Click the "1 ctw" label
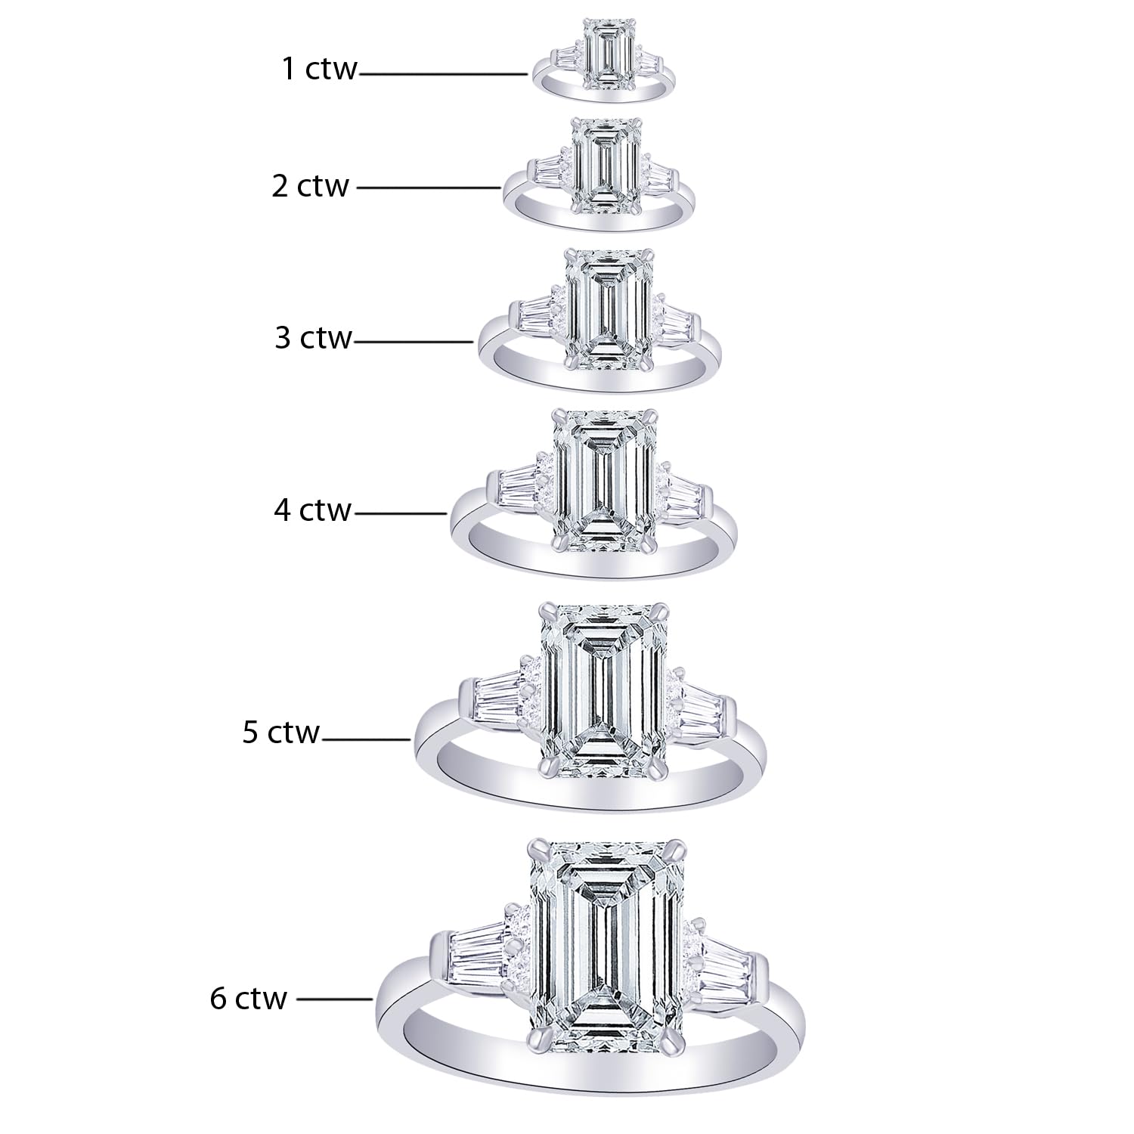tap(319, 69)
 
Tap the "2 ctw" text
tap(311, 186)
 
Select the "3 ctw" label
tap(313, 337)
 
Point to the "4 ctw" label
tap(312, 510)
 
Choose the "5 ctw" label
tap(281, 733)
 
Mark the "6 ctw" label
tap(249, 998)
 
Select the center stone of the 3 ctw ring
tap(609, 310)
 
